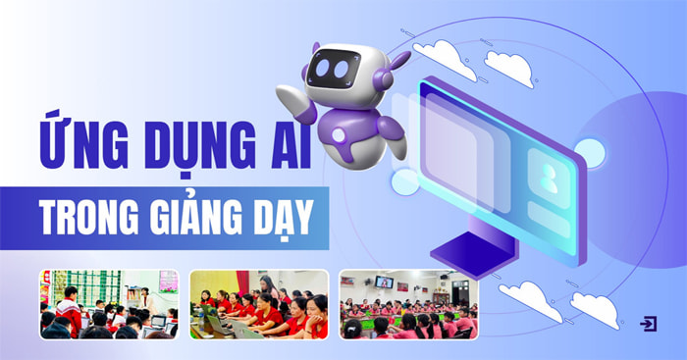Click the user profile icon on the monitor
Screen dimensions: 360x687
pos(547,178)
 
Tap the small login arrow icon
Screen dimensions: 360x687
pos(648,323)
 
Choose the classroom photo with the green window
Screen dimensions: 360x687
pos(109,304)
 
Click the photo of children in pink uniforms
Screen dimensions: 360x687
pos(408,304)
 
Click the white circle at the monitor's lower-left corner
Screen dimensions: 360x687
pos(404,181)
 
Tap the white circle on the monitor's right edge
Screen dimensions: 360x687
pos(589,151)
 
